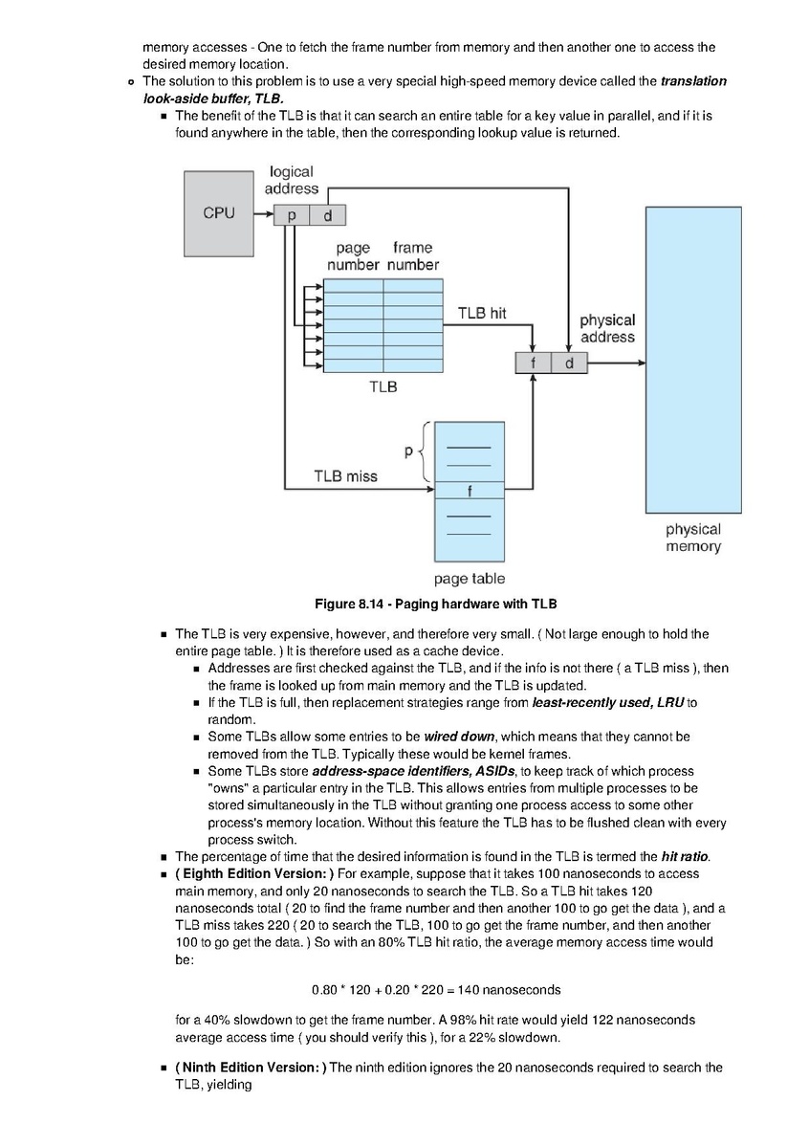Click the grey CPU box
tap(219, 213)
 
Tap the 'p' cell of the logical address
tap(292, 215)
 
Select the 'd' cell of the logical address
tap(328, 215)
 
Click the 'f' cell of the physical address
tap(533, 363)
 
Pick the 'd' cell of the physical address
tap(570, 363)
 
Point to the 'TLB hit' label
tap(482, 313)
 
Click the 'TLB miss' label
tap(345, 476)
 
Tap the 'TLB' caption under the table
tap(383, 386)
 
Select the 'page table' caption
tap(470, 579)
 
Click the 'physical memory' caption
tap(693, 538)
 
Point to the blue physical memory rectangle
tap(693, 360)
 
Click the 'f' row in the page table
tap(470, 491)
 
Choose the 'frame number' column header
tap(413, 256)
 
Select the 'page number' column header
tap(354, 256)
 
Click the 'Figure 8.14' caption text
tap(436, 604)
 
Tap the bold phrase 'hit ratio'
tap(685, 856)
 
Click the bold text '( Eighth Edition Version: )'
tap(254, 874)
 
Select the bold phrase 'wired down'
tap(459, 737)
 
